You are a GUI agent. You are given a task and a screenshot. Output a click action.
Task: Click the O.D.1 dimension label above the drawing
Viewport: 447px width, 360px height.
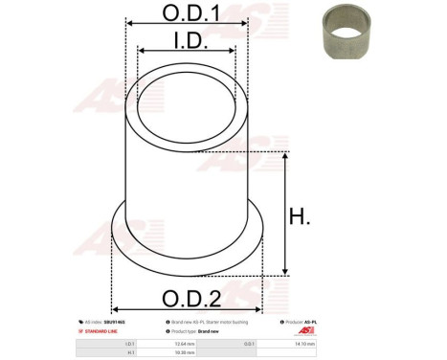tap(188, 13)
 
